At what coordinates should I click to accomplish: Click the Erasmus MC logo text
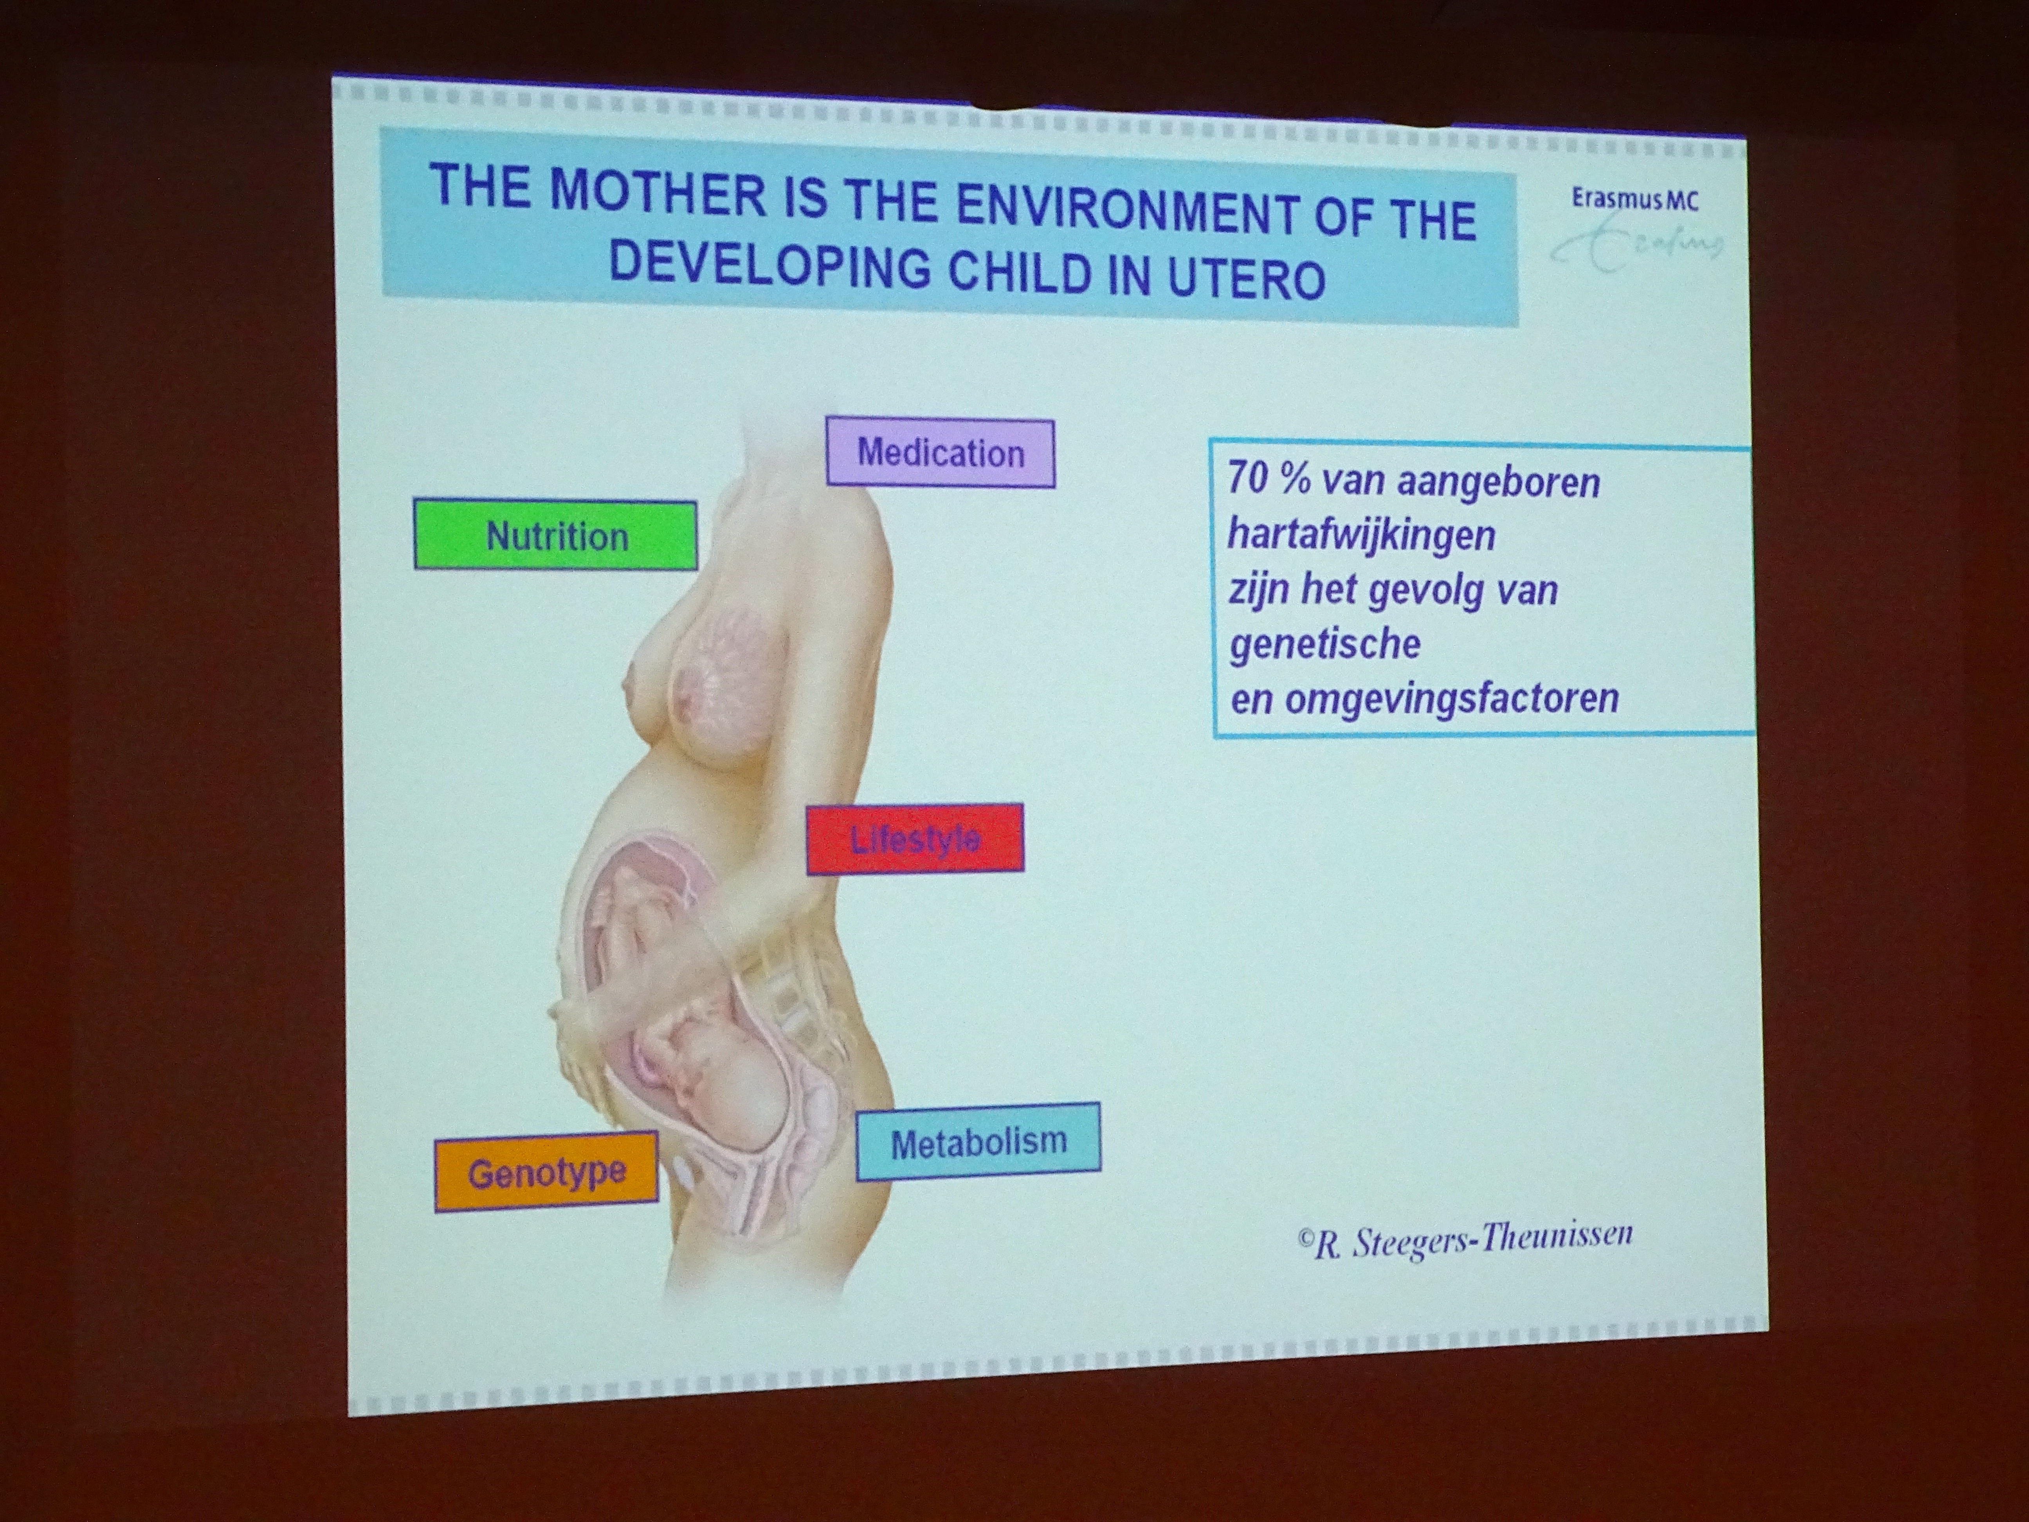click(1634, 199)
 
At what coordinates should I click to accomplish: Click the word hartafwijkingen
click(1361, 534)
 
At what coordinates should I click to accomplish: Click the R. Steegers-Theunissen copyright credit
click(1465, 1239)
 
